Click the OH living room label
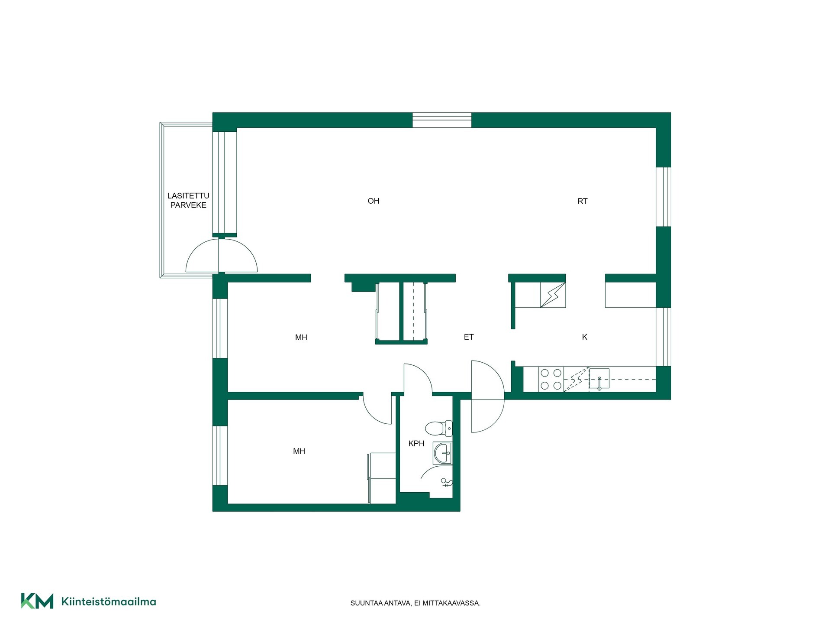373,201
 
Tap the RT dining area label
582,201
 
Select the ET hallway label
469,337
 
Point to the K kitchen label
584,337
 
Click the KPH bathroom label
416,444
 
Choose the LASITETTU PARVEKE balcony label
188,201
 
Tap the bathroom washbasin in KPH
442,453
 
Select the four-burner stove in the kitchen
551,379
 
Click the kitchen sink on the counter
599,379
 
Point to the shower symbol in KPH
446,482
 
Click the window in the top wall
441,120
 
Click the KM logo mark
37,601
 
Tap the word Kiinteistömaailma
109,601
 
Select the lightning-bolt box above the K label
553,295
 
